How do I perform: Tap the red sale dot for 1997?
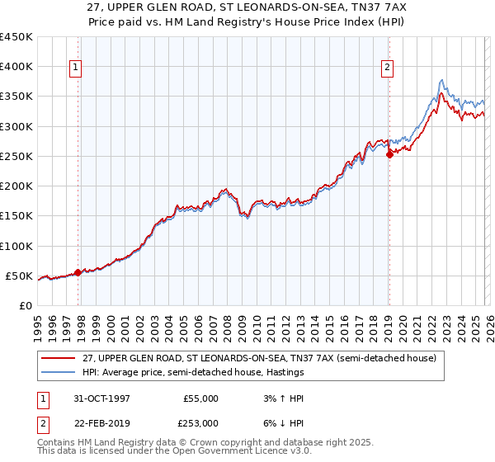78,272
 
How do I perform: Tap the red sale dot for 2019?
389,154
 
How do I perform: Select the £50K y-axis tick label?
19,276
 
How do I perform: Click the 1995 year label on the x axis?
38,326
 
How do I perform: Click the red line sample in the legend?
59,358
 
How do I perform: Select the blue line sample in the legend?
59,373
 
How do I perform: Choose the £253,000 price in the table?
201,422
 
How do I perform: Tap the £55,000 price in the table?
201,398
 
